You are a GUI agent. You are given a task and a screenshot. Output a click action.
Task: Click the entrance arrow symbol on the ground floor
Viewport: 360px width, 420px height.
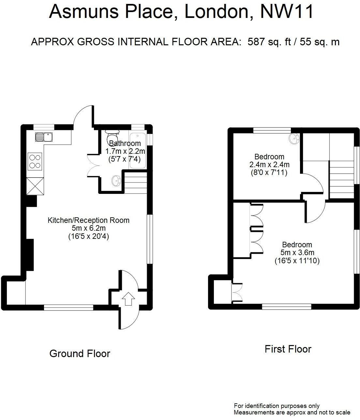tap(128, 299)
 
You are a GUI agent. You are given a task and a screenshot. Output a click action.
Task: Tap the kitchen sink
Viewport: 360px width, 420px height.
tap(44, 137)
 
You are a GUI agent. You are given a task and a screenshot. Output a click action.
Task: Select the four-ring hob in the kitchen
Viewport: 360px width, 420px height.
tap(35, 162)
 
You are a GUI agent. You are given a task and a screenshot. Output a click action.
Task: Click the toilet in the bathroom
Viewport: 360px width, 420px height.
tap(112, 134)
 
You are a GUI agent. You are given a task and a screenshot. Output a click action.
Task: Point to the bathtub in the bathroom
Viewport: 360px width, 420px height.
tap(138, 151)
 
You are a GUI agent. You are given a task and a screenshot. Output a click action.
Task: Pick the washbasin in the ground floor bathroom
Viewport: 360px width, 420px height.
tap(116, 180)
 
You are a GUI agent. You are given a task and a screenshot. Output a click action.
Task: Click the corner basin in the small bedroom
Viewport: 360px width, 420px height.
tap(294, 138)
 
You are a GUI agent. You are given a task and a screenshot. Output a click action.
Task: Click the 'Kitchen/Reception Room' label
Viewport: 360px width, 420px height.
tap(88, 220)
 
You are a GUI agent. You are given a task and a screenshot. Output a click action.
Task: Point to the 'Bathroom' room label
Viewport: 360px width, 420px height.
tap(125, 143)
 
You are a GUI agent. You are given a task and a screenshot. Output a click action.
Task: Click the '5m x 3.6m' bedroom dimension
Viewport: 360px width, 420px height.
tap(297, 253)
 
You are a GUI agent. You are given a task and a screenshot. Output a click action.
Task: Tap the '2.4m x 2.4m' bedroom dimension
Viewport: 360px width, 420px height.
tap(269, 165)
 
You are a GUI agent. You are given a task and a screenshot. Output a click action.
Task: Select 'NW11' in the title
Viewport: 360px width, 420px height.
tap(286, 12)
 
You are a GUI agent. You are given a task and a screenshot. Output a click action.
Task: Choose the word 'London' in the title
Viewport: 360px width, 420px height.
tap(217, 12)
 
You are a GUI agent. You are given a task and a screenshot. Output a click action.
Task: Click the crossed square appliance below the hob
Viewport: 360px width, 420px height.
tap(35, 186)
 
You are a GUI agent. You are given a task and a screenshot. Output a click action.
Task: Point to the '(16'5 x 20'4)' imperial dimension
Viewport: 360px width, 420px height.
tap(89, 236)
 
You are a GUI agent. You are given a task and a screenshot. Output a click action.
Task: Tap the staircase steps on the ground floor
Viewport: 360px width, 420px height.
tap(135, 183)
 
